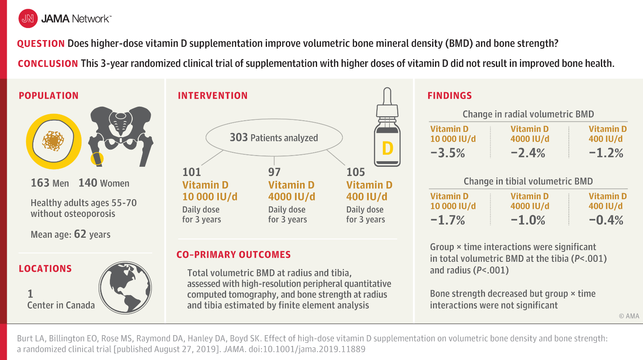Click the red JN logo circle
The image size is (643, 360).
pos(28,18)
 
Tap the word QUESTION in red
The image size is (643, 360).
pos(41,44)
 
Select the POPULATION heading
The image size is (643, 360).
pos(49,95)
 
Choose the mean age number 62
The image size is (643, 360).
pos(80,234)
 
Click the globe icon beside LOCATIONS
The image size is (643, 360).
pos(125,287)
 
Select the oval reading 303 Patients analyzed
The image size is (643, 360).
pos(274,138)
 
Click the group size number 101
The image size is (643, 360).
pos(192,172)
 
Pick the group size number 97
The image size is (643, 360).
pos(274,172)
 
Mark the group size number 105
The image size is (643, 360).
pos(356,172)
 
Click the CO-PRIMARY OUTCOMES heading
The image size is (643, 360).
pos(234,255)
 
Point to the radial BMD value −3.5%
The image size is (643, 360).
pos(447,153)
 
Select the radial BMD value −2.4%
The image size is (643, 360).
pos(528,153)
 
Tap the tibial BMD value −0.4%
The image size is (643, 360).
pos(606,220)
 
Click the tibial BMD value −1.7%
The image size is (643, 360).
pos(447,220)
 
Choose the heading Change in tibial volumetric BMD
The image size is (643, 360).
pos(528,181)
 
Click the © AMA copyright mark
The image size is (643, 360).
pos(629,316)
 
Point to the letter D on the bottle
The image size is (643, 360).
pos(387,148)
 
